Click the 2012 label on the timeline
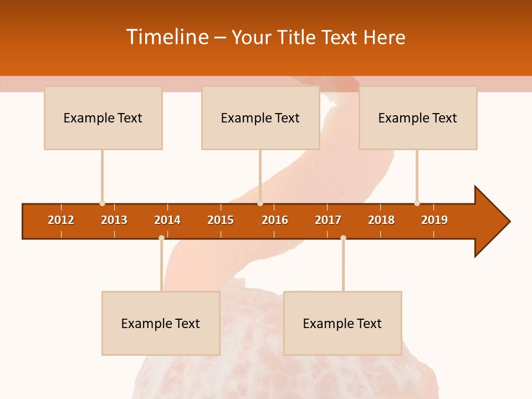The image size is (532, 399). point(61,220)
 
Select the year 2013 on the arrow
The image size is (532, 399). point(114,220)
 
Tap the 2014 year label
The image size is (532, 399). point(167,220)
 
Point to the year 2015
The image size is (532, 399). point(221,220)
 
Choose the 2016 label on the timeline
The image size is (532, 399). point(275,220)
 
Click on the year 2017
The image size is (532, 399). point(328,220)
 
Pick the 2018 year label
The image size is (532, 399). point(381,220)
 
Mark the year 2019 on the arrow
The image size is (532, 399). point(434,220)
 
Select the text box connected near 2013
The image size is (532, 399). point(103,118)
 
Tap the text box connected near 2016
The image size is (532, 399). point(260,118)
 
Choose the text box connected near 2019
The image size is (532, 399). point(418,118)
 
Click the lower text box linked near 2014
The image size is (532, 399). point(161,324)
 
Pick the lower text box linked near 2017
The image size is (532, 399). point(342,324)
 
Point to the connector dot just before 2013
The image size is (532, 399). point(102,203)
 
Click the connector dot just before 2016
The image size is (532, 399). point(260,203)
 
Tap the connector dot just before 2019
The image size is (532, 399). point(417,203)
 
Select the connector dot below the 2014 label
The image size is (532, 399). point(161,238)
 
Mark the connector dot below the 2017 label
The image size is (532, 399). point(343,238)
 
